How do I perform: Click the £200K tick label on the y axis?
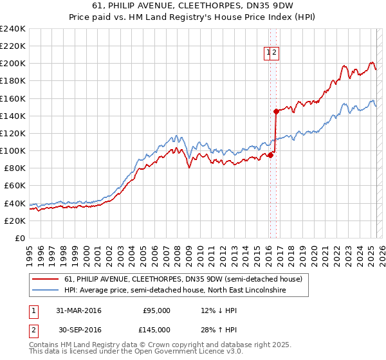[x=13, y=64]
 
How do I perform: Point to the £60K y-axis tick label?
[x=15, y=186]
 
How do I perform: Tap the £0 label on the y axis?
[x=21, y=238]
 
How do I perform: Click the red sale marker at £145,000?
[x=276, y=111]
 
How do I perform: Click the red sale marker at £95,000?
[x=271, y=155]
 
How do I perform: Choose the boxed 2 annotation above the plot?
[x=274, y=54]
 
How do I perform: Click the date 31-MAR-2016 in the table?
[x=78, y=310]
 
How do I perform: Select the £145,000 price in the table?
[x=156, y=329]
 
